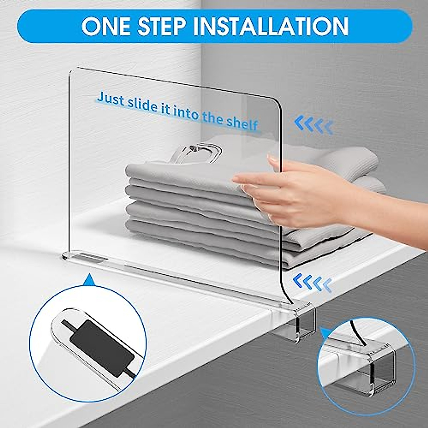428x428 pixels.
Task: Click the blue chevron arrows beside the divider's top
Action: pyautogui.click(x=314, y=126)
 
